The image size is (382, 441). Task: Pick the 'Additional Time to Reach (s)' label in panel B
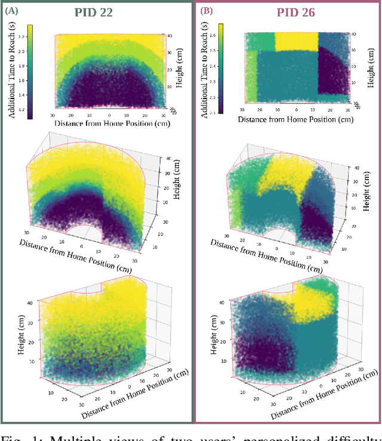[x=209, y=69]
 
